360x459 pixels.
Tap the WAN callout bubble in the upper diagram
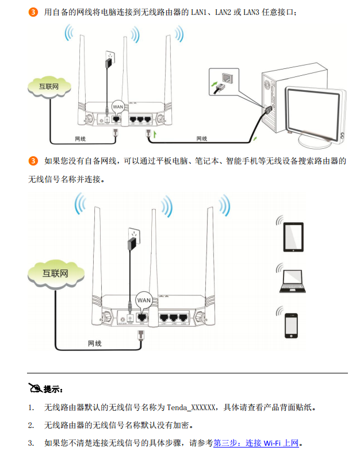[118, 106]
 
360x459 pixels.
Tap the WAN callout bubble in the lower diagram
[143, 300]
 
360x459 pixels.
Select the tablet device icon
[293, 236]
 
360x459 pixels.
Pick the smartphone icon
[293, 326]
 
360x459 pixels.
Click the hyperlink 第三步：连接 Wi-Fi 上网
[256, 443]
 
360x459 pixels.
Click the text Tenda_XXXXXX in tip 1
[192, 407]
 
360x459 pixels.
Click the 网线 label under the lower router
[94, 344]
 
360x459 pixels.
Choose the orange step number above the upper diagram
[33, 12]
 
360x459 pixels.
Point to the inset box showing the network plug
[223, 81]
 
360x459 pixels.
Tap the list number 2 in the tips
[31, 425]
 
